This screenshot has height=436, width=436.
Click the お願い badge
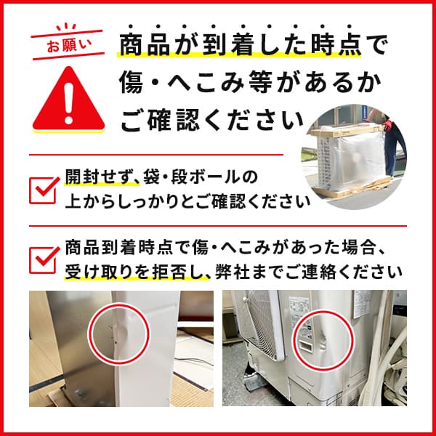tap(65, 44)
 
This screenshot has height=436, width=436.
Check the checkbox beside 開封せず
tap(45, 187)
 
